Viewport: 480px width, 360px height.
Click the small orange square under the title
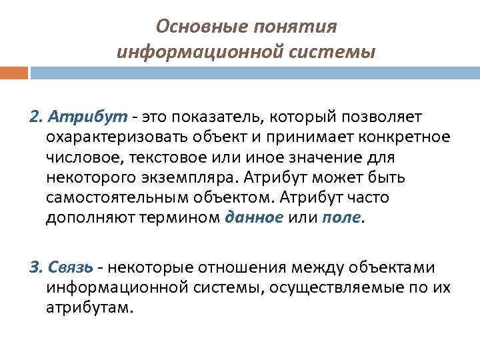pyautogui.click(x=14, y=72)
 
